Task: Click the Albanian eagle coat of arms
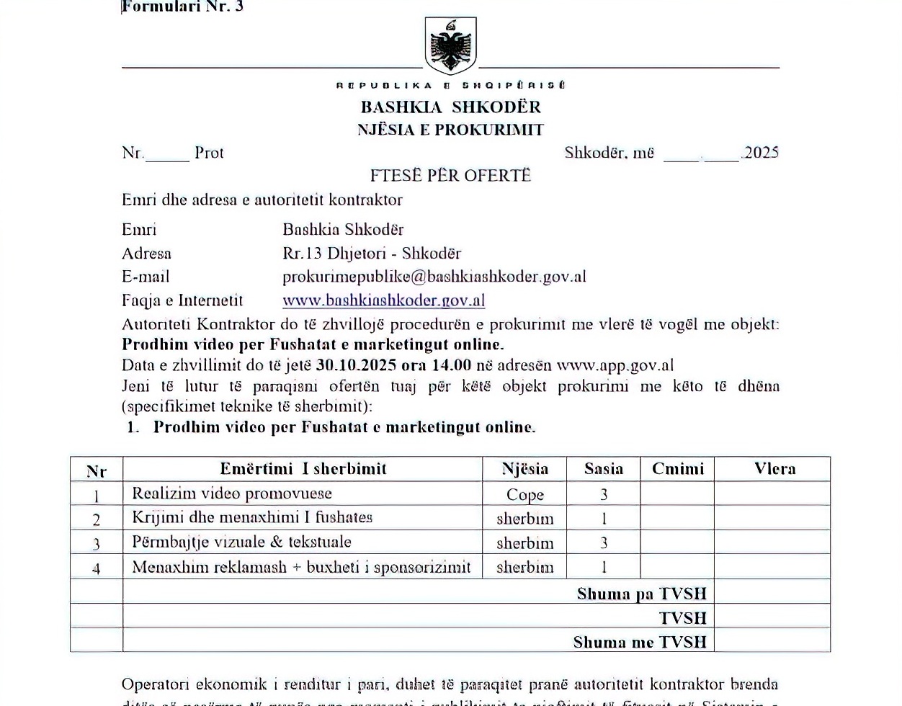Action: point(450,46)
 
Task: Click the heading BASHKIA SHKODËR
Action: point(450,107)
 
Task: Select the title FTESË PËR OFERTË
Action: point(450,176)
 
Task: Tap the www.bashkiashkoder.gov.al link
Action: point(383,300)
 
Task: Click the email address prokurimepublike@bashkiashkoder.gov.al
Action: point(434,277)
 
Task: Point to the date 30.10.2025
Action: point(356,365)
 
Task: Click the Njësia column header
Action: point(524,469)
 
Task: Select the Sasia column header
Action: point(603,469)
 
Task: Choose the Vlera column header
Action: point(774,469)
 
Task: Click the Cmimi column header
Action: point(677,469)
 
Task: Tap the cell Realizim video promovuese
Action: point(232,493)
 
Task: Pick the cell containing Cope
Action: point(524,494)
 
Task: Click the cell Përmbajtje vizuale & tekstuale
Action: point(241,542)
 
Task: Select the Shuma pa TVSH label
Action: point(641,594)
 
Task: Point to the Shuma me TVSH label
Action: point(640,642)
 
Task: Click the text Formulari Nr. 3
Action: point(183,7)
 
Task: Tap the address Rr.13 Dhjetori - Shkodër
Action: point(372,254)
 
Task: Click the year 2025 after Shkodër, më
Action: point(761,153)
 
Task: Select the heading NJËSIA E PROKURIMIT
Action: point(450,130)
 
